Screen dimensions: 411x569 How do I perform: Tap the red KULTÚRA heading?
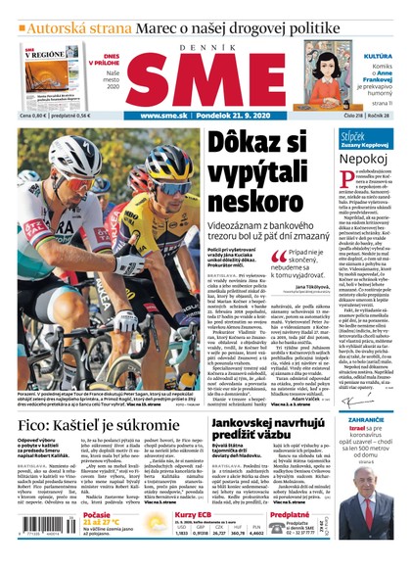(x=378, y=57)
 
